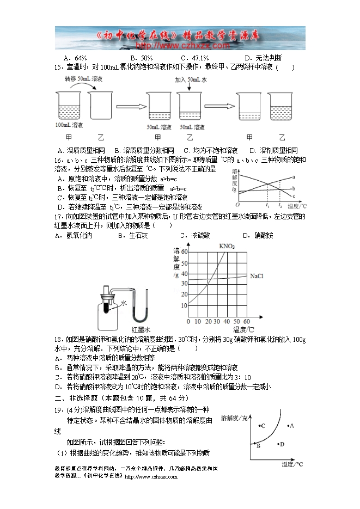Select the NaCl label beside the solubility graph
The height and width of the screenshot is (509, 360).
point(257,277)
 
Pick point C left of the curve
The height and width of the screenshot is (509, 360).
point(262,426)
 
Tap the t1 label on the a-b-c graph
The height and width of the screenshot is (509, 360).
point(267,206)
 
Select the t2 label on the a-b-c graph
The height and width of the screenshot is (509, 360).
point(280,206)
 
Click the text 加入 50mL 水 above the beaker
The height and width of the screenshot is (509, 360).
point(191,79)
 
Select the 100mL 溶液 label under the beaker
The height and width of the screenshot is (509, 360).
point(69,125)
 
